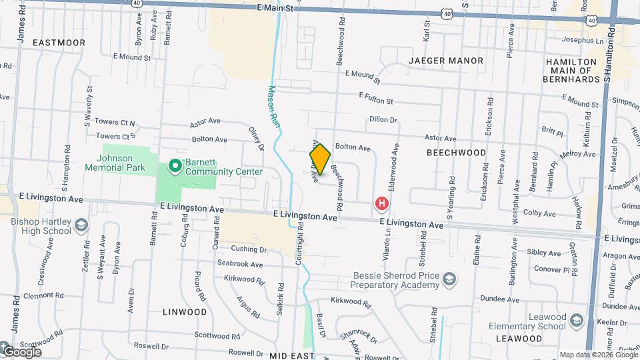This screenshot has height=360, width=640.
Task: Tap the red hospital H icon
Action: pos(381,203)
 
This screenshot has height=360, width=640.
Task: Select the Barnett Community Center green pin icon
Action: pos(175,165)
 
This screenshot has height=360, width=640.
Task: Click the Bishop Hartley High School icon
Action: pos(81,225)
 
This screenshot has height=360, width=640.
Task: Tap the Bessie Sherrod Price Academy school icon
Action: pos(450,278)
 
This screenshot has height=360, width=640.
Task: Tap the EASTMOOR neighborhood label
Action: pos(59,43)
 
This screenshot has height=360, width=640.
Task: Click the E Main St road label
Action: pos(275,9)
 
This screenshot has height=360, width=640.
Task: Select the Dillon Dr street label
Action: pos(383,120)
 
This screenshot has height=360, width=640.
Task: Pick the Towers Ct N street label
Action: pos(115,123)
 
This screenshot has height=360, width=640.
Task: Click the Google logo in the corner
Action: pos(21,351)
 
